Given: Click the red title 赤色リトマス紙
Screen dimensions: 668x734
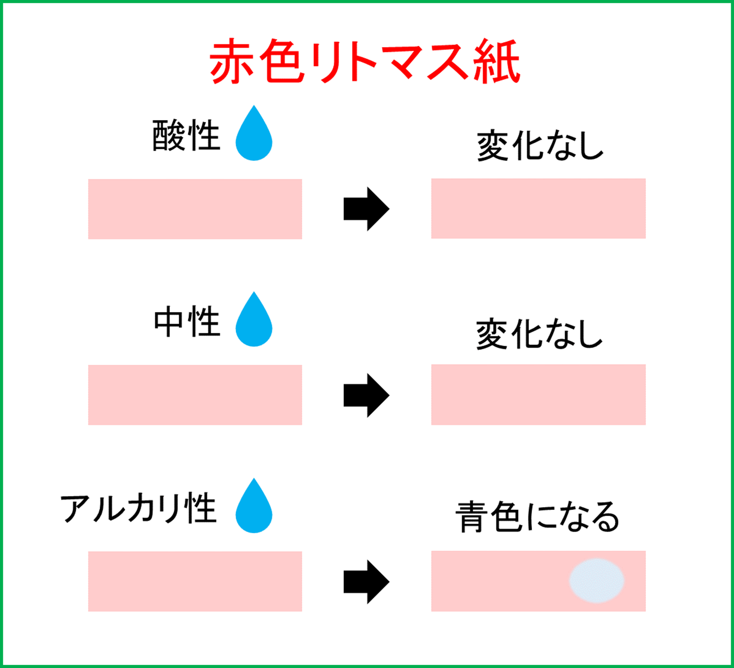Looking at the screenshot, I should (x=365, y=62).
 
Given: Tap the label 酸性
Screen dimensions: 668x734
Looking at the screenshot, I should (x=186, y=136).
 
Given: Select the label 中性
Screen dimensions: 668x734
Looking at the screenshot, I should (x=186, y=322).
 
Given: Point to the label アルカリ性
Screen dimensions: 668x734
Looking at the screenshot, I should (x=138, y=508).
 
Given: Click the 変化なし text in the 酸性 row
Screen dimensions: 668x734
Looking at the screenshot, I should (x=540, y=146).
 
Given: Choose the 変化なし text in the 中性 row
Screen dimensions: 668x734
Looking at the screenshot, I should (x=539, y=334).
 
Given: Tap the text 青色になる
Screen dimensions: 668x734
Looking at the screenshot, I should (x=537, y=517).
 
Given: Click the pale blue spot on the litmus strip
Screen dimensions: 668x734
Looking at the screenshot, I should (x=596, y=581).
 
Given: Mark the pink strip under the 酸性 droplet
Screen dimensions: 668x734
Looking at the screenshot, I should (x=195, y=209).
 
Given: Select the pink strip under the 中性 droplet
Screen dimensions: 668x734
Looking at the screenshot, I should (x=195, y=395).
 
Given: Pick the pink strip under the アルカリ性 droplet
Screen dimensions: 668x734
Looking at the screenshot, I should (x=195, y=581).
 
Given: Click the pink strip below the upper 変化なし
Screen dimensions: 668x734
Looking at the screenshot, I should (x=538, y=208).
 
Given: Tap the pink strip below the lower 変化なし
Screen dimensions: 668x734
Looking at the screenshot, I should (x=538, y=394).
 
